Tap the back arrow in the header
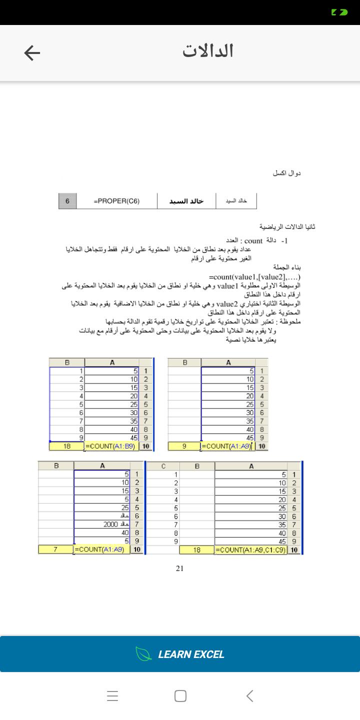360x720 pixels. click(x=32, y=53)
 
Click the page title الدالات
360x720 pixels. click(x=208, y=51)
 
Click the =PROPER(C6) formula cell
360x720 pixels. click(x=116, y=201)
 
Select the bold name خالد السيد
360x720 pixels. click(x=186, y=201)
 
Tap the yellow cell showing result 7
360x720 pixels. click(x=55, y=549)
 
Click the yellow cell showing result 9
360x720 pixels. click(x=184, y=446)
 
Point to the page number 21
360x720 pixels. click(x=180, y=568)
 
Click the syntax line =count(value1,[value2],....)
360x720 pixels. click(x=255, y=277)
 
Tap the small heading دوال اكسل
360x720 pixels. click(x=286, y=173)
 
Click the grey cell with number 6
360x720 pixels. click(x=67, y=201)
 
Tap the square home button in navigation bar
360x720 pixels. click(x=180, y=696)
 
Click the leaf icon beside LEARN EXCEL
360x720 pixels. click(x=143, y=654)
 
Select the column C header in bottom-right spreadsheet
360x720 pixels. click(x=163, y=466)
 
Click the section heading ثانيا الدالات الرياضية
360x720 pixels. click(x=287, y=226)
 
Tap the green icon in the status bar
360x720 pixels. click(x=339, y=11)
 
